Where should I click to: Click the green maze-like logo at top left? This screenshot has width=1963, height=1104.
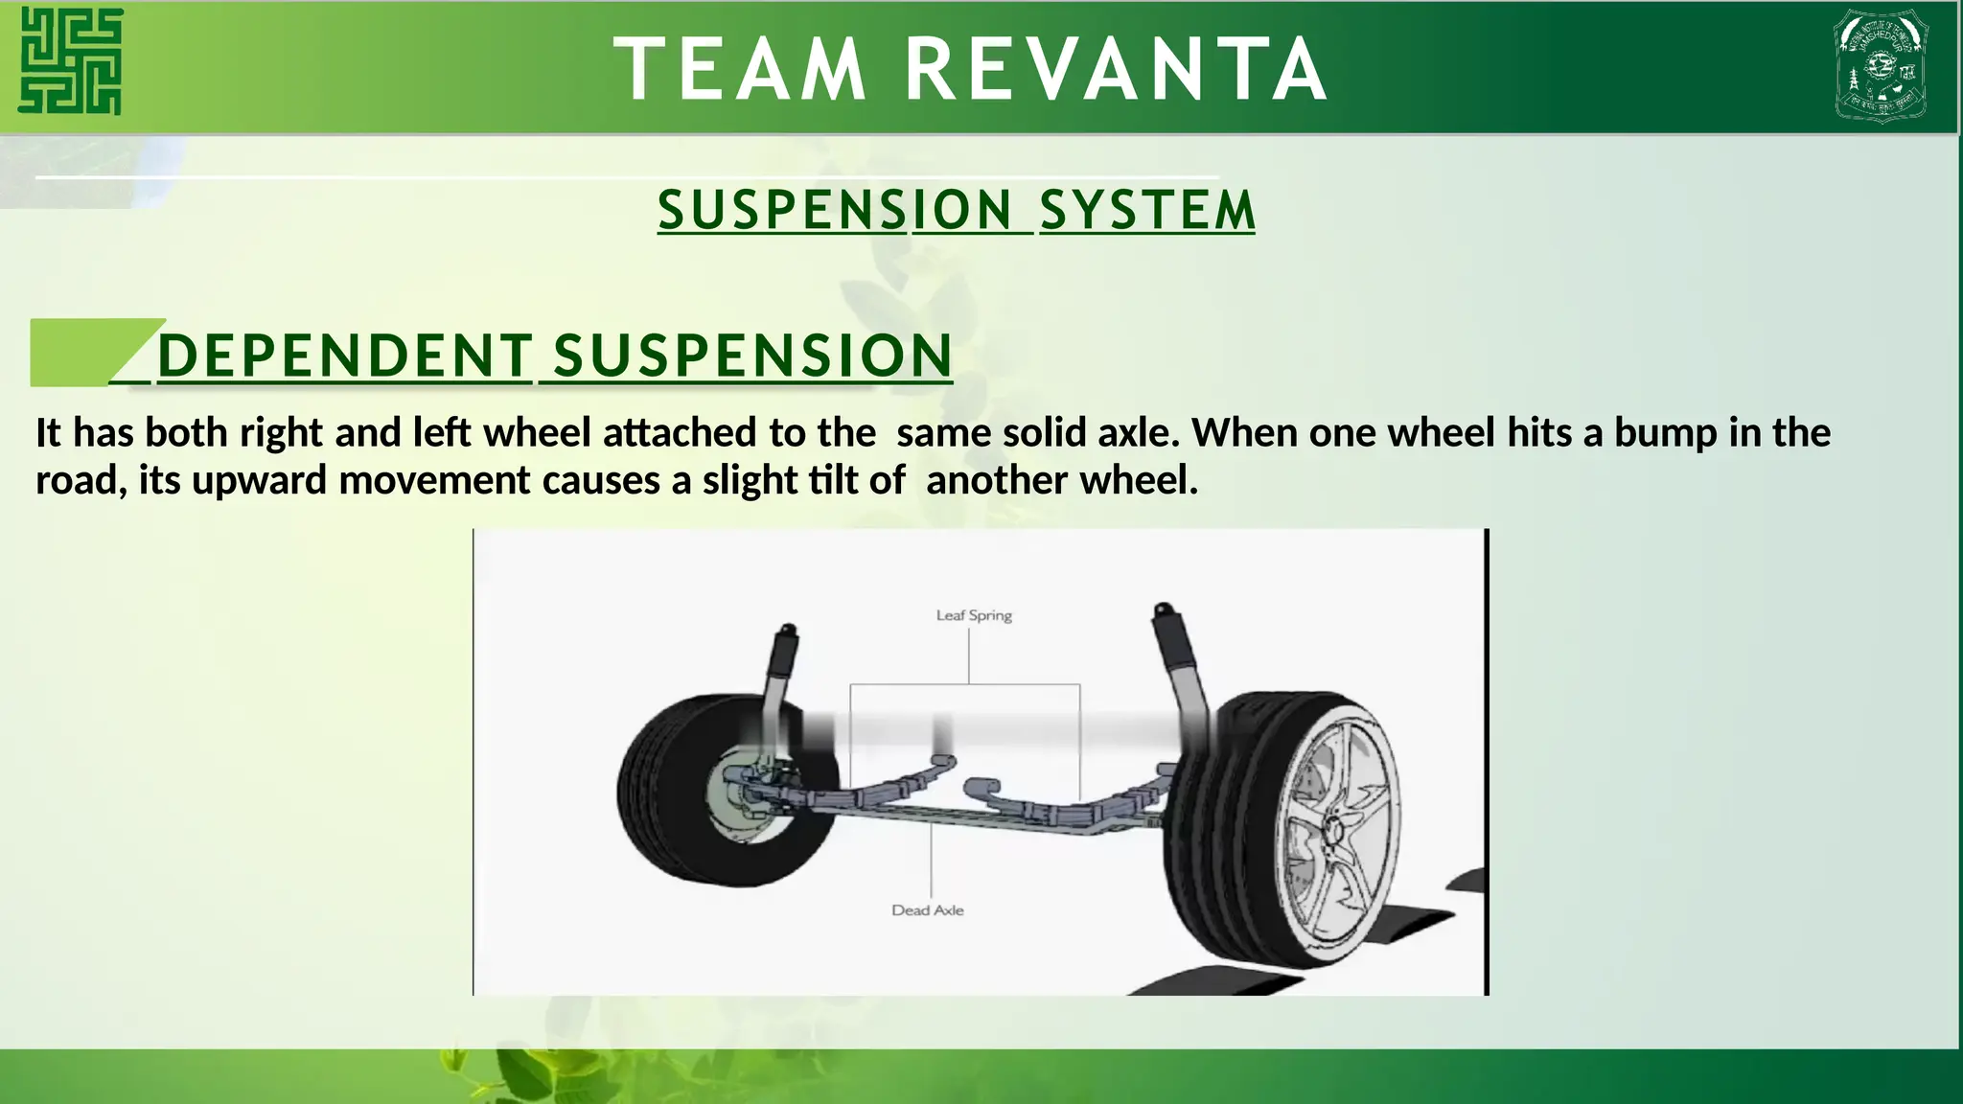[71, 61]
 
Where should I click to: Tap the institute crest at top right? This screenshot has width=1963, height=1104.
[1881, 65]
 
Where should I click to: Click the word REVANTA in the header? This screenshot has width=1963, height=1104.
[1116, 69]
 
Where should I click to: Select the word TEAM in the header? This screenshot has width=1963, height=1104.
[739, 69]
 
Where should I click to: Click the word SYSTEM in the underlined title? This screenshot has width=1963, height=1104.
[1147, 211]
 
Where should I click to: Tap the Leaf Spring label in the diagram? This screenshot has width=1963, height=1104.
[974, 615]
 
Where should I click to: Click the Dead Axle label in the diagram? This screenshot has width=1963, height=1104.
[927, 910]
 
